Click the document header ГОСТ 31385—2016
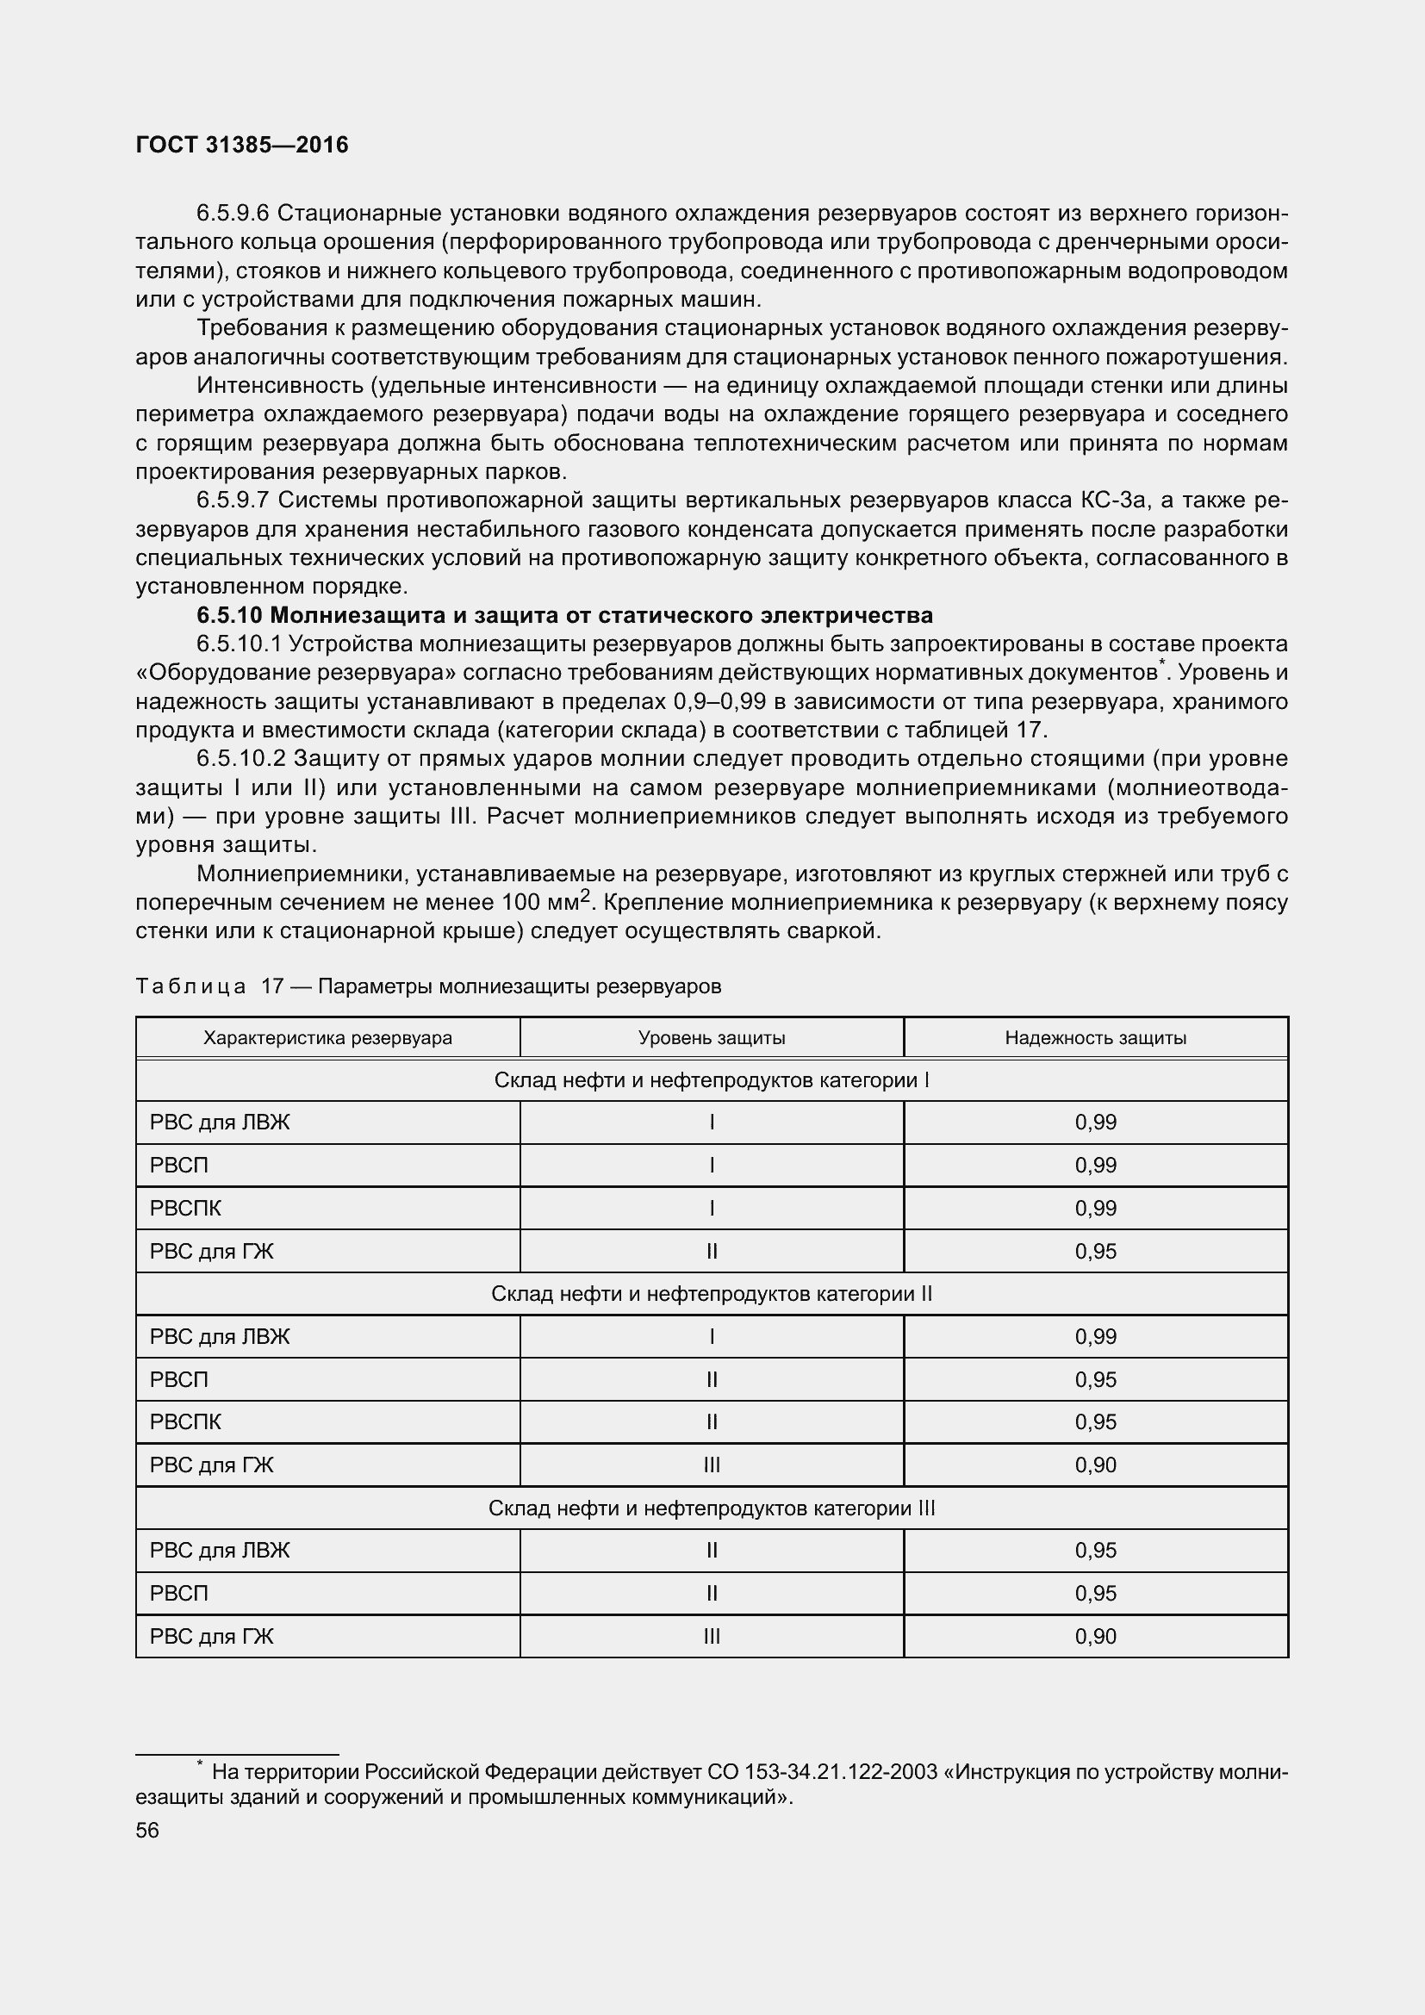point(242,145)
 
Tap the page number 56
point(147,1830)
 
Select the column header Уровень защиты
point(711,1037)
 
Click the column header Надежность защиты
point(1095,1037)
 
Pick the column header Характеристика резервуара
point(327,1037)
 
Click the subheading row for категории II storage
point(711,1294)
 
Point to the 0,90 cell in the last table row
point(1095,1637)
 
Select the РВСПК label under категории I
point(186,1209)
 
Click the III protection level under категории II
point(711,1465)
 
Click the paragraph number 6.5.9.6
point(233,214)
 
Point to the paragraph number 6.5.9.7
point(233,501)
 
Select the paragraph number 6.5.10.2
point(241,758)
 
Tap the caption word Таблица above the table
point(190,986)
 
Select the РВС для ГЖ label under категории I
point(211,1252)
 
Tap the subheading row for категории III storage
point(711,1508)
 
